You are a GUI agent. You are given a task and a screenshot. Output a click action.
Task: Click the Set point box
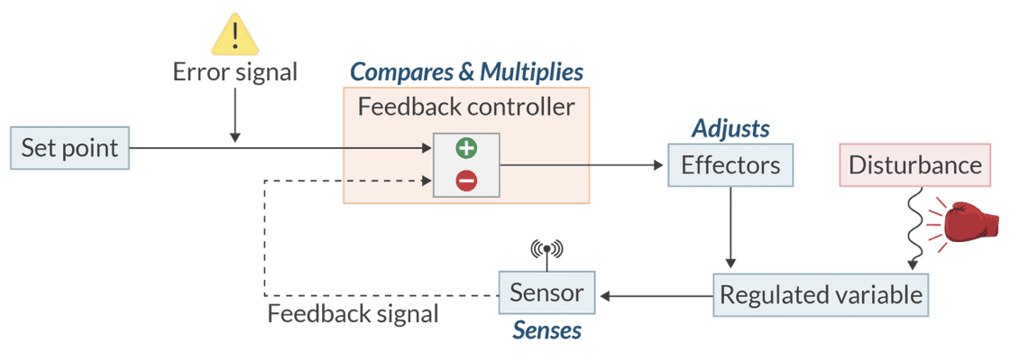70,147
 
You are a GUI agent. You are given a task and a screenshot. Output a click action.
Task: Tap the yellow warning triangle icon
235,37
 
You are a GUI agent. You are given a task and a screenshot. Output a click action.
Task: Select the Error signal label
235,72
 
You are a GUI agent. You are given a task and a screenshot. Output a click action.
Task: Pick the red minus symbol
465,181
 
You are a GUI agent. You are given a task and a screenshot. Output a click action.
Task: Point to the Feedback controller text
466,107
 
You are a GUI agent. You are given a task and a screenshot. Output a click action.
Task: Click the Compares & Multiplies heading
466,71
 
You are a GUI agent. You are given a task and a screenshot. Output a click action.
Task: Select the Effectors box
730,165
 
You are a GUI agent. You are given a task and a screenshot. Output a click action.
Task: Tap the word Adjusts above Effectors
730,128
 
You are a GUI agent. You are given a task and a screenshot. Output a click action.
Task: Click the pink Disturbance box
914,165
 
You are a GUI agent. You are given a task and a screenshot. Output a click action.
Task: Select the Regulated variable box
821,294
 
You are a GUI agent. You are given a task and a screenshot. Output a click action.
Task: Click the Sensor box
547,293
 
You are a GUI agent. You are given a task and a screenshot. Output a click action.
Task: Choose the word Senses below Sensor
546,330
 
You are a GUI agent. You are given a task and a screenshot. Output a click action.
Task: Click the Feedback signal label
353,314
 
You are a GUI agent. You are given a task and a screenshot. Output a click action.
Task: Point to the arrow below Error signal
235,115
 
